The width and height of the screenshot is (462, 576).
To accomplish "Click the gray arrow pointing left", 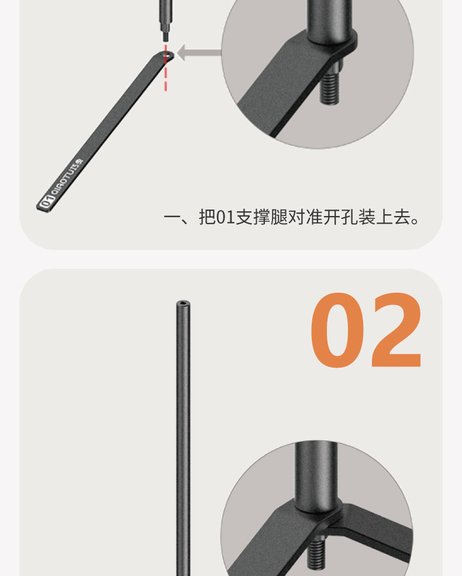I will tap(198, 53).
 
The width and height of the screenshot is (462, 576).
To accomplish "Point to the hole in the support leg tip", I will tap(167, 55).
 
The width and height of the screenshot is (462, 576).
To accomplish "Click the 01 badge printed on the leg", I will tap(45, 203).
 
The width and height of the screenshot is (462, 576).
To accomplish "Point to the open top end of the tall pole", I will tap(183, 304).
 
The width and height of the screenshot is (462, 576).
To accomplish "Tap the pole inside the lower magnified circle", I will tap(316, 474).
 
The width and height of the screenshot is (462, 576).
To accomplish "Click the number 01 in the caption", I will tap(225, 218).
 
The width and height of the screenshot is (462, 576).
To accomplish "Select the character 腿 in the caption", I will tap(279, 218).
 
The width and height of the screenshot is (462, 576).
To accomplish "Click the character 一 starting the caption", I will tap(171, 218).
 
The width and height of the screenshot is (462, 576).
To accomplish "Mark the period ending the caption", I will tap(416, 222).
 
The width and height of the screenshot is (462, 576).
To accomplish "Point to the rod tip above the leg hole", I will tap(166, 36).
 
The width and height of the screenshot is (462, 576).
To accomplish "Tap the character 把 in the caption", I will tap(207, 218).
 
